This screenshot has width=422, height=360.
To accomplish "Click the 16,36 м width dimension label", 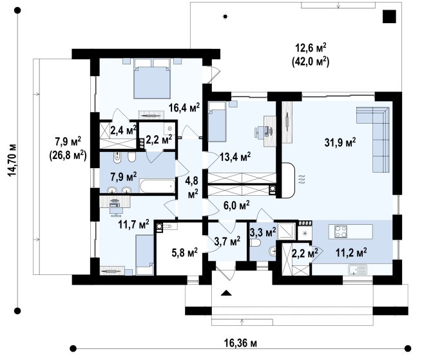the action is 240,343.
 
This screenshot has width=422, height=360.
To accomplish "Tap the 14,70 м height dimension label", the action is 12,160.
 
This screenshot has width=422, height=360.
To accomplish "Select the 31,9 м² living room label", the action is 340,142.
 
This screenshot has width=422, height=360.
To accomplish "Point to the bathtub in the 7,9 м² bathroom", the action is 157,186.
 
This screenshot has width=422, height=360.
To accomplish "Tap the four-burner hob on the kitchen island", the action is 341,231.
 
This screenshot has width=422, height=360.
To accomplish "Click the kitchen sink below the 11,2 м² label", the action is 358,269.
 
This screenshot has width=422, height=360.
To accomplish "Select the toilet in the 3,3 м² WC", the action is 255,243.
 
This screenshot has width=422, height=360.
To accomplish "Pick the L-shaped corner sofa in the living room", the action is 373,139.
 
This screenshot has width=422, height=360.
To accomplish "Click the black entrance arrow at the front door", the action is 226,293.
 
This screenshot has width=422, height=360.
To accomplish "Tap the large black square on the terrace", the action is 389,16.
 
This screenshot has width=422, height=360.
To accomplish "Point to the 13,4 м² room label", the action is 235,156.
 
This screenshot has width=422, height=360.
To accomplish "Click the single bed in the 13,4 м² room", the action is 217,122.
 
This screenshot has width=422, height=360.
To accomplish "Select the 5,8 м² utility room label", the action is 185,252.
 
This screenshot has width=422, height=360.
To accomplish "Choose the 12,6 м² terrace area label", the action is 311,48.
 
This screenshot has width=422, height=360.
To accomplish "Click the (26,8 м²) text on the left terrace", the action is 68,155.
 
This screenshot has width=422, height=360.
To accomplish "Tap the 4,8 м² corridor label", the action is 191,187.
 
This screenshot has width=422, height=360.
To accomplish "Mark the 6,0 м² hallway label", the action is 236,205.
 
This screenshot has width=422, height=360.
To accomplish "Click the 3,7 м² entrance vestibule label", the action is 227,242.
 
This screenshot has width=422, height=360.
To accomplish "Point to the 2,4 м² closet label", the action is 124,130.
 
